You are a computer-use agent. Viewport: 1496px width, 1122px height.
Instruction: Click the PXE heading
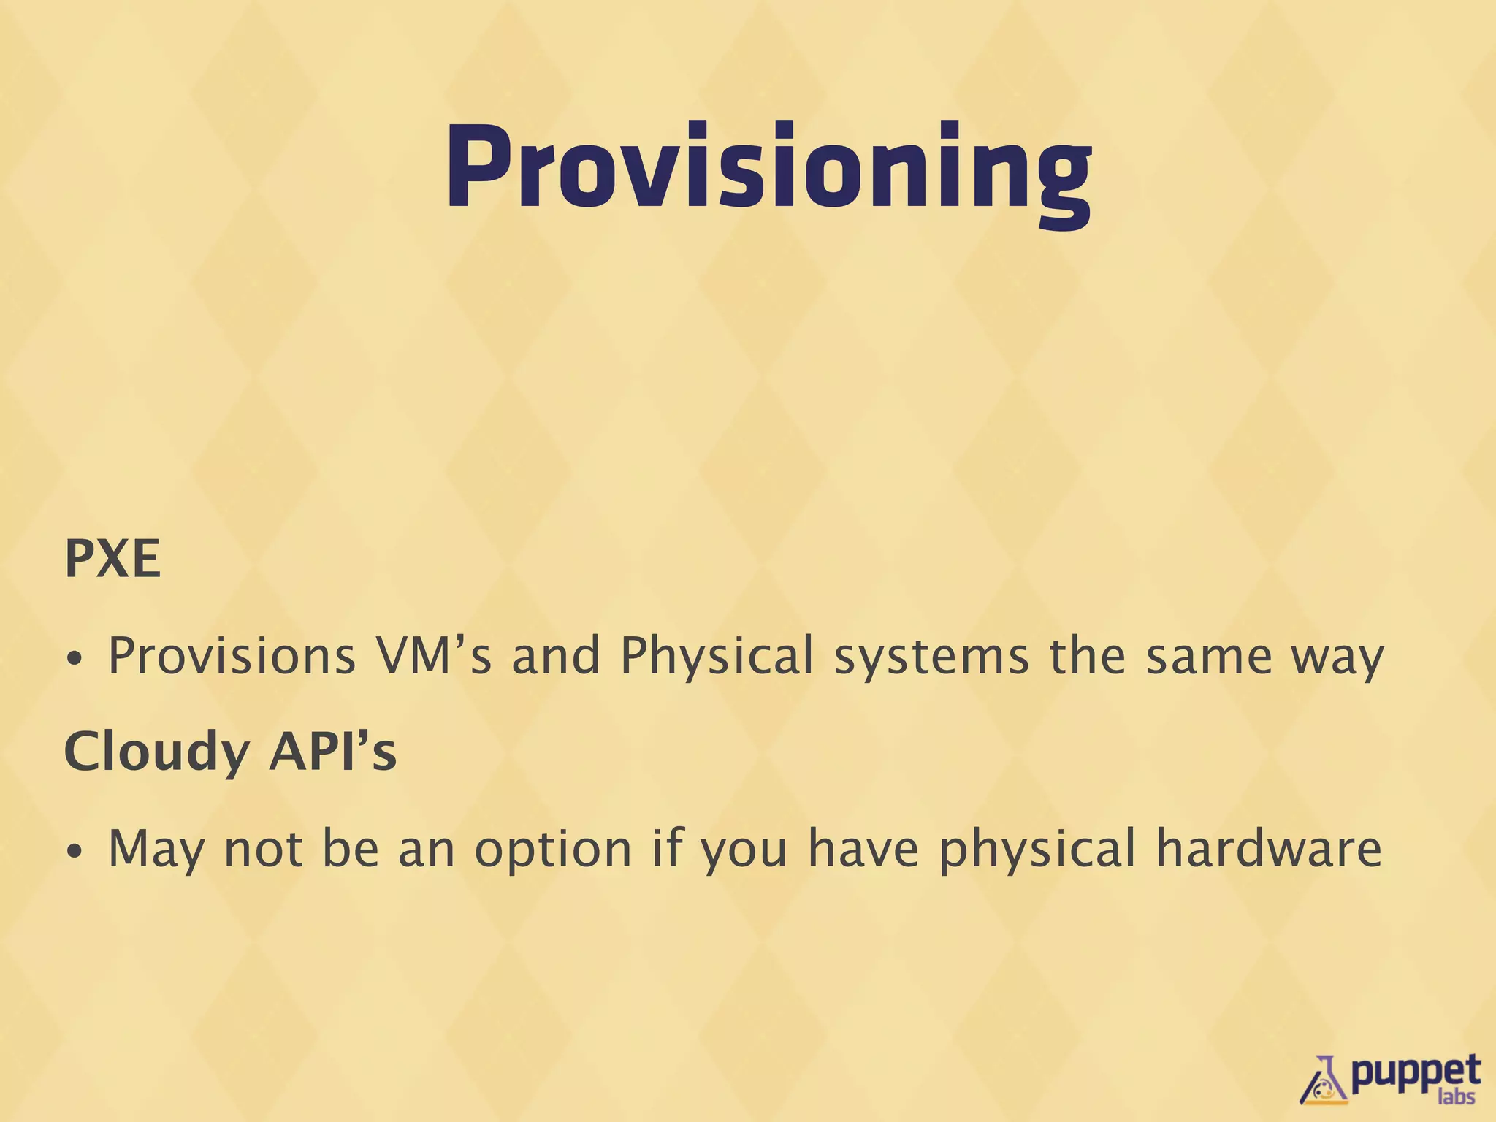click(112, 560)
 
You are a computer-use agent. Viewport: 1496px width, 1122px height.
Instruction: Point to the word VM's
click(433, 656)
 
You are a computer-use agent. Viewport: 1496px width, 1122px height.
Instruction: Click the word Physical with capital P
click(717, 656)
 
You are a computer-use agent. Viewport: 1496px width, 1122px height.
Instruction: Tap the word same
click(1209, 656)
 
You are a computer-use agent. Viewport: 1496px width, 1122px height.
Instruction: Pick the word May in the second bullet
click(156, 850)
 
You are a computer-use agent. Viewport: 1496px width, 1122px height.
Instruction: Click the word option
click(553, 850)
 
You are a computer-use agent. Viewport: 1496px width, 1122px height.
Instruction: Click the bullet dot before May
click(74, 852)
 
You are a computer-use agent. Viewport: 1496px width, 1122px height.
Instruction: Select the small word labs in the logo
click(1456, 1096)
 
